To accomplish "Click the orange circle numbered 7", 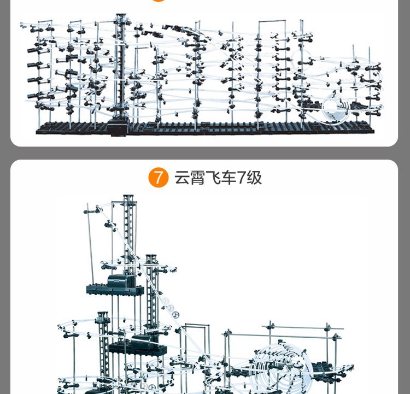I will click(x=158, y=178).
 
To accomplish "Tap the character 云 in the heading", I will click(x=182, y=178).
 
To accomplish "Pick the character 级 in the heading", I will click(x=254, y=178).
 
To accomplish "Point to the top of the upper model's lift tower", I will click(x=120, y=16).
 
